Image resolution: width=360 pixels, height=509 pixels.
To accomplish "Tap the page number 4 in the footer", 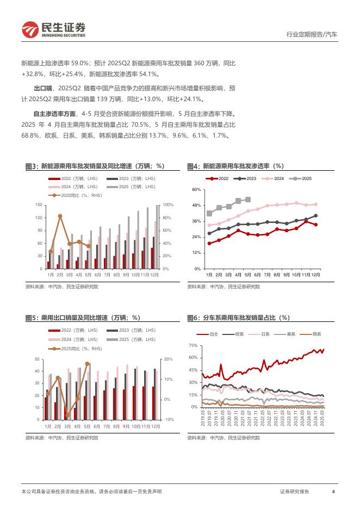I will coord(333,492).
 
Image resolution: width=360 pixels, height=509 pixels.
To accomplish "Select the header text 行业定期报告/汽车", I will coord(312,34).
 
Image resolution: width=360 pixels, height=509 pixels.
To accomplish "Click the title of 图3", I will coord(95,166).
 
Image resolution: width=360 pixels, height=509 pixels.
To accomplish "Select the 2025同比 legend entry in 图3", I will coord(75,195).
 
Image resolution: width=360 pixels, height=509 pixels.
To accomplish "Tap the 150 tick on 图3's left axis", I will coord(39,204).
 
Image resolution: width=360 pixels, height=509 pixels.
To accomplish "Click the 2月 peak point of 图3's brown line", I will coord(60,216).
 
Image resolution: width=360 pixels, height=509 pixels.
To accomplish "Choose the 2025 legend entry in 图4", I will coord(303,179).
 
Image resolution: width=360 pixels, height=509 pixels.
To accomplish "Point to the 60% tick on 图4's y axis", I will coord(196,189).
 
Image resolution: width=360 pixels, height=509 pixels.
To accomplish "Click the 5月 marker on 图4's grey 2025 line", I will coord(248,200).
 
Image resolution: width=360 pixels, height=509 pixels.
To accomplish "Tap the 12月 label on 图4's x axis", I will coord(315,275).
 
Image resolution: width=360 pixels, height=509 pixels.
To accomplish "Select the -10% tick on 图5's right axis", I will coord(169,419).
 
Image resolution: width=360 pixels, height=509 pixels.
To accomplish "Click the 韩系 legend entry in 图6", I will coord(313,334).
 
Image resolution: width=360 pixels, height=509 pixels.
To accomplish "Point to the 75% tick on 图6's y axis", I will coord(193,346).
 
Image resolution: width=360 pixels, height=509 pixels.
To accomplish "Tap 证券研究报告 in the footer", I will coord(294,492).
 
